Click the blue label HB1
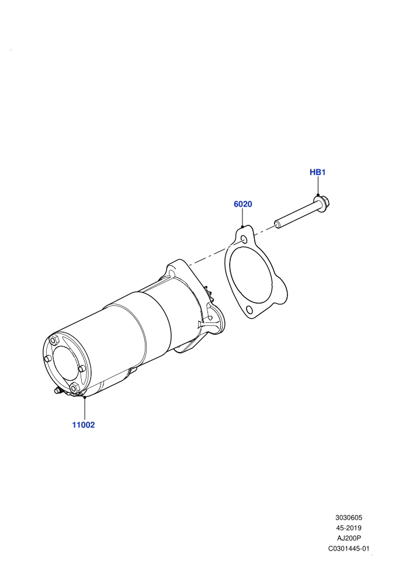(317, 172)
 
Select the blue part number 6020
(242, 204)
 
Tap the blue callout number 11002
(84, 424)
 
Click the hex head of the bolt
(322, 202)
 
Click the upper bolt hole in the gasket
(244, 240)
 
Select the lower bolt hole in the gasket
(249, 309)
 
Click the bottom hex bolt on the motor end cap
(74, 388)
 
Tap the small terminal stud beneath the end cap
(57, 391)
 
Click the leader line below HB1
(317, 186)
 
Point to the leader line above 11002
(85, 409)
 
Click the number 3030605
(348, 517)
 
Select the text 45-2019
(348, 528)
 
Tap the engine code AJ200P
(348, 538)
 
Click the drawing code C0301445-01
(348, 548)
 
